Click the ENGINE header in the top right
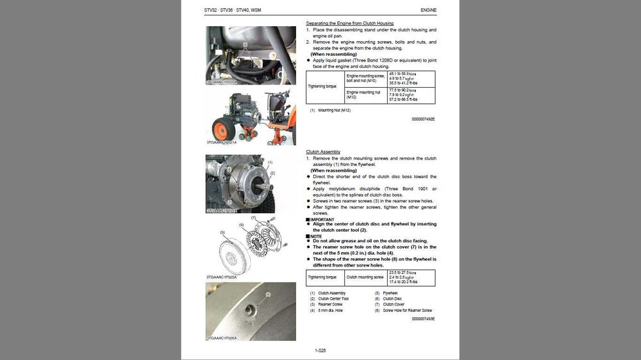point(428,10)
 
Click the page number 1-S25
point(320,350)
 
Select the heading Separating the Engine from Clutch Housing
point(349,24)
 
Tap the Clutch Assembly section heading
point(323,152)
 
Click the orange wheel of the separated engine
point(224,130)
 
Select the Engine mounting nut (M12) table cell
point(363,95)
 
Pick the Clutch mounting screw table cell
point(365,277)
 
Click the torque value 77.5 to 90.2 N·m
point(403,90)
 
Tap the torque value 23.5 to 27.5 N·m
point(403,272)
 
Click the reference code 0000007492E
point(423,119)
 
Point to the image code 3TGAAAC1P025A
point(222,277)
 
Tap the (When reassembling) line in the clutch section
point(333,170)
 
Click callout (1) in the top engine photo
point(245,44)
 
